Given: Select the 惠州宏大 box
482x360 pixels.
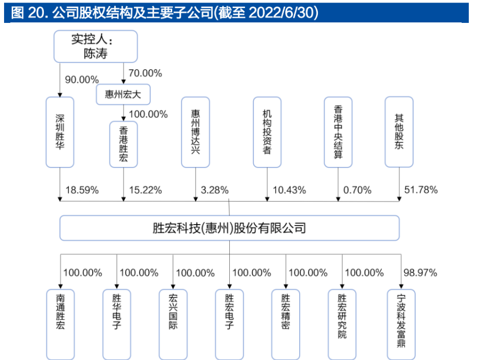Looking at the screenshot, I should point(123,94).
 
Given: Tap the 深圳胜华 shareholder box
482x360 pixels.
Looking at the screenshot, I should point(60,132).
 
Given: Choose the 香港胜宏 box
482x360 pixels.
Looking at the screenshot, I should point(123,144).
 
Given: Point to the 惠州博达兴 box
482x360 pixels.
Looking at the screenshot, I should point(196,132).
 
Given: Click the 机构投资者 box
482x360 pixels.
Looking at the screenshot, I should point(267,132).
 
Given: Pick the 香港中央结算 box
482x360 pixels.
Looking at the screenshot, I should point(339,132).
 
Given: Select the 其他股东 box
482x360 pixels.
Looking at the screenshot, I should point(399,132).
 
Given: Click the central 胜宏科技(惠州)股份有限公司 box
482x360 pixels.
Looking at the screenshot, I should point(229,228).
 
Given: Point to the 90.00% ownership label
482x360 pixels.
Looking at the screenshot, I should point(82,79).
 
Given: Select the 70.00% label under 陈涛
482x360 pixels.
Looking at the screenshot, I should point(145,73).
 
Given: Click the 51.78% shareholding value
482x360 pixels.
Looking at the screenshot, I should point(420,190).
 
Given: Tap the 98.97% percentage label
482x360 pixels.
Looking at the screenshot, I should point(420,272).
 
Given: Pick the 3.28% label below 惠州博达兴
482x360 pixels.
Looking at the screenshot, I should point(215,190).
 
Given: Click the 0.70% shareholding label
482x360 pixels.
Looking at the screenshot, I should point(357,190).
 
